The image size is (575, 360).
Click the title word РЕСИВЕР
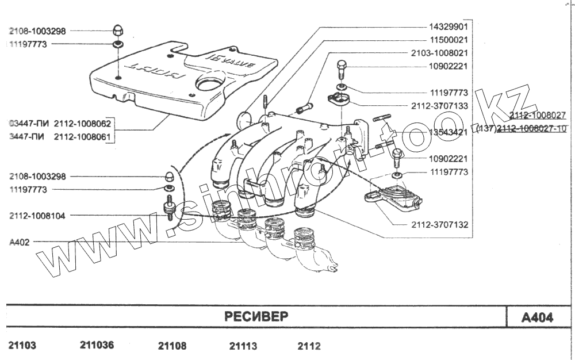click(x=256, y=317)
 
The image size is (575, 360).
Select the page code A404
click(x=537, y=317)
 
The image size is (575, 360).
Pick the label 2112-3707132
click(x=439, y=225)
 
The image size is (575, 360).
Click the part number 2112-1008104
click(x=37, y=216)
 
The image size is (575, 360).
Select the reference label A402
click(x=20, y=242)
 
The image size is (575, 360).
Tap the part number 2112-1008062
click(x=83, y=124)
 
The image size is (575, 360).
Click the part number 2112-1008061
click(x=83, y=137)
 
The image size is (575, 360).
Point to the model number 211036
click(x=97, y=346)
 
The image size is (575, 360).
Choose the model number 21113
click(x=243, y=346)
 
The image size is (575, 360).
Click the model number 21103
click(x=23, y=346)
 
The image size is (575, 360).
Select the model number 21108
click(x=172, y=346)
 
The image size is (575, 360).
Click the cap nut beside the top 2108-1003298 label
click(x=117, y=31)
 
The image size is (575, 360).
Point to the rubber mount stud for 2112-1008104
click(x=170, y=209)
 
